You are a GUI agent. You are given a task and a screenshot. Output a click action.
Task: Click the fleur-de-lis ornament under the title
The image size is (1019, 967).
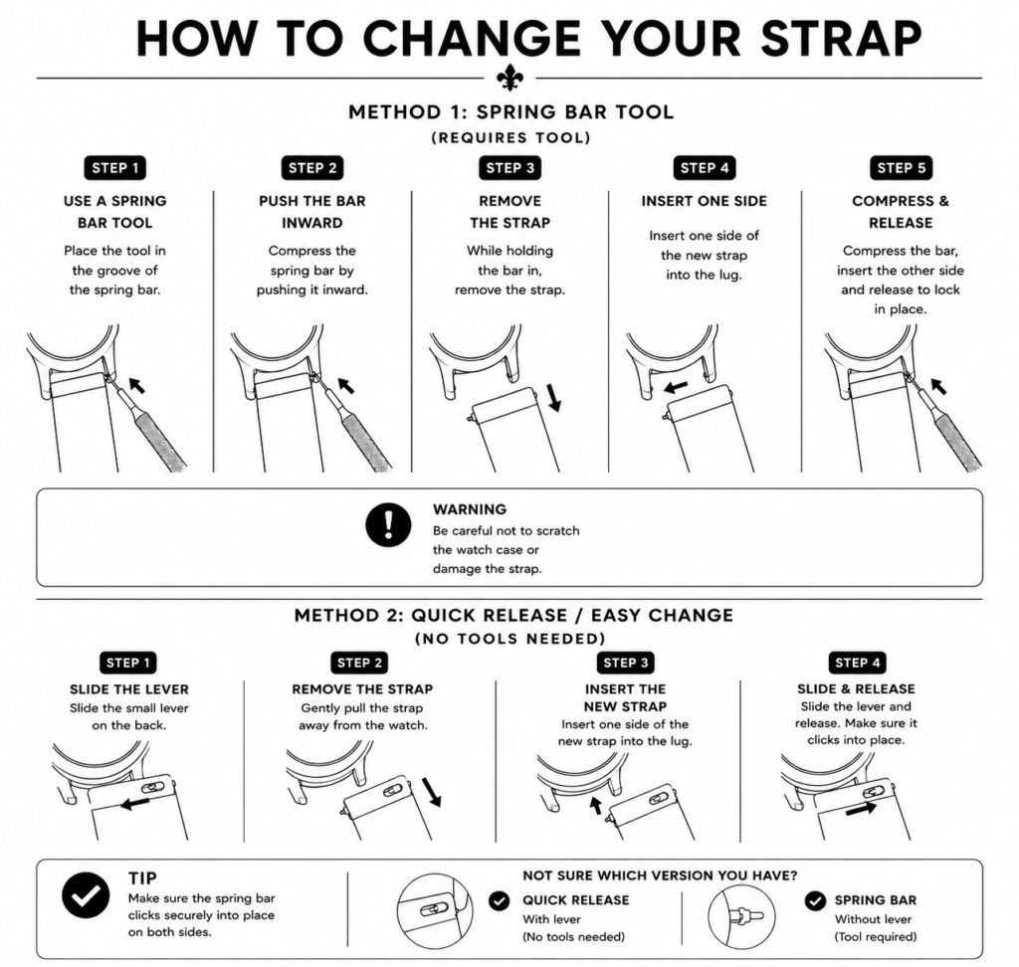[509, 78]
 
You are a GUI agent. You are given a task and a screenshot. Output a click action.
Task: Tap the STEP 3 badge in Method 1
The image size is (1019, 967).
[510, 168]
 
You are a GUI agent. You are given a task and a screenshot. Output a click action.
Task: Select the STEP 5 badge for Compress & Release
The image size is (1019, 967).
[902, 168]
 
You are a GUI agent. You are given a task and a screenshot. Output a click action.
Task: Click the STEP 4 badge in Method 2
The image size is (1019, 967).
[857, 663]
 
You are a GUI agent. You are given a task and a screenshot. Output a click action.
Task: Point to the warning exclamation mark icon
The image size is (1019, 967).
[388, 523]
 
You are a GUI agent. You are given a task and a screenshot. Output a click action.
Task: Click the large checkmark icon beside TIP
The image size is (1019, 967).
[86, 894]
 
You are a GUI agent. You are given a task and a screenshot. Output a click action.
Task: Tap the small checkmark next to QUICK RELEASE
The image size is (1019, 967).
[500, 900]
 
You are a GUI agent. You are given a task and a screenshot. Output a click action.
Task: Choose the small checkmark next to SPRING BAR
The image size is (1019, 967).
[815, 900]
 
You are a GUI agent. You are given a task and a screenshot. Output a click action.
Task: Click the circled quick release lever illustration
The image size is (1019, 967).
[435, 911]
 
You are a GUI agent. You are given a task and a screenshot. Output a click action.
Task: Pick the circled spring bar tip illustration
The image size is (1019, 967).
[741, 915]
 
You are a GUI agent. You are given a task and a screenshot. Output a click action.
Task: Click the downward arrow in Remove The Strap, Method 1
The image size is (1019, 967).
[553, 398]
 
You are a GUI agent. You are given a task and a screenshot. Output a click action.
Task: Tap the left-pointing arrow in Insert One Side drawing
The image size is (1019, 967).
[676, 387]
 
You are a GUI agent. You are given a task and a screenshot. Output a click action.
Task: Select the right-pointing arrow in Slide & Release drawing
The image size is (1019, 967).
[861, 810]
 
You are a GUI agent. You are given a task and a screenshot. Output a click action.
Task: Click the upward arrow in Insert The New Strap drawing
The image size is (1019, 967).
[595, 806]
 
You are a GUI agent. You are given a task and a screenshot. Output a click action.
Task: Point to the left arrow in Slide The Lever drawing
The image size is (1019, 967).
[135, 804]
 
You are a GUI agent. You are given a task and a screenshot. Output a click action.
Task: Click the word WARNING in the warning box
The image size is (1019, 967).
[470, 509]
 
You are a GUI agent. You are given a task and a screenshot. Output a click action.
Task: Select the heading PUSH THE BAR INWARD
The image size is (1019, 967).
[311, 212]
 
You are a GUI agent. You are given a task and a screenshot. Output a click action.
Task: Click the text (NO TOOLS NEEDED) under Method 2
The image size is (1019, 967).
[510, 639]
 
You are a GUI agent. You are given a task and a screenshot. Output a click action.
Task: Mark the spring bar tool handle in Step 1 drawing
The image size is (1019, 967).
[161, 438]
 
